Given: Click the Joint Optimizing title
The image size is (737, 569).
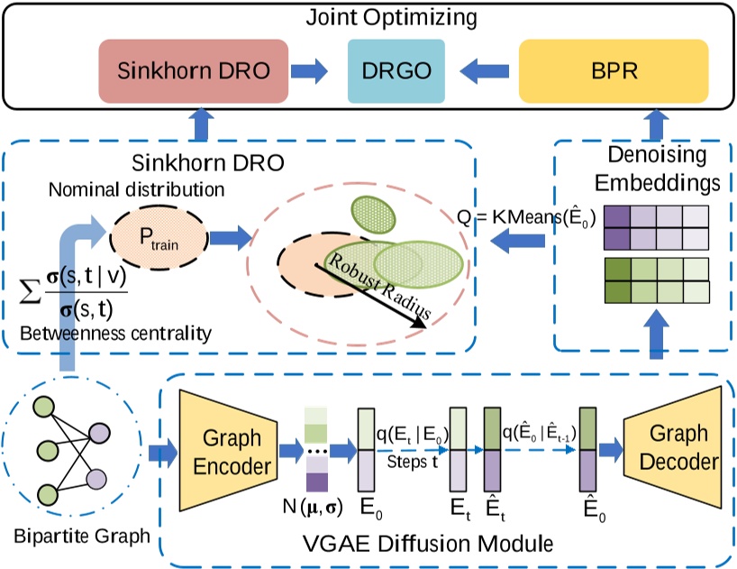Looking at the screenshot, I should click(369, 16).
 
